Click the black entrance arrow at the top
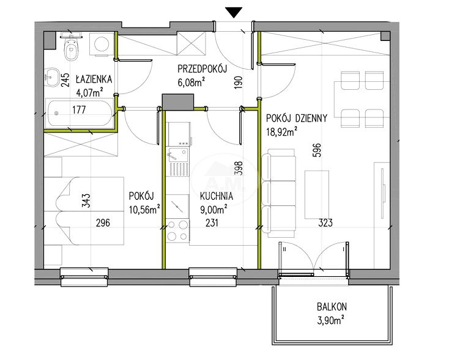[x=234, y=13]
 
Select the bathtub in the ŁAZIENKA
[x=80, y=112]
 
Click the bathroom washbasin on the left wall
[x=51, y=76]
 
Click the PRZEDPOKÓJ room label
[x=202, y=69]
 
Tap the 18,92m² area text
[x=281, y=132]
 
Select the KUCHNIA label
[x=217, y=196]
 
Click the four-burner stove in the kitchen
[x=177, y=230]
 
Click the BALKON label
[x=332, y=307]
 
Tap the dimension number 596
[x=317, y=150]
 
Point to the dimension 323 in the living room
[x=325, y=222]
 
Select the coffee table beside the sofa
[x=316, y=194]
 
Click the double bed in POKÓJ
[x=84, y=211]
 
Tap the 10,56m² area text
[x=144, y=210]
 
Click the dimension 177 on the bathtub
[x=79, y=109]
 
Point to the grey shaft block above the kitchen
[x=178, y=102]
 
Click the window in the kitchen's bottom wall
[x=213, y=277]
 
